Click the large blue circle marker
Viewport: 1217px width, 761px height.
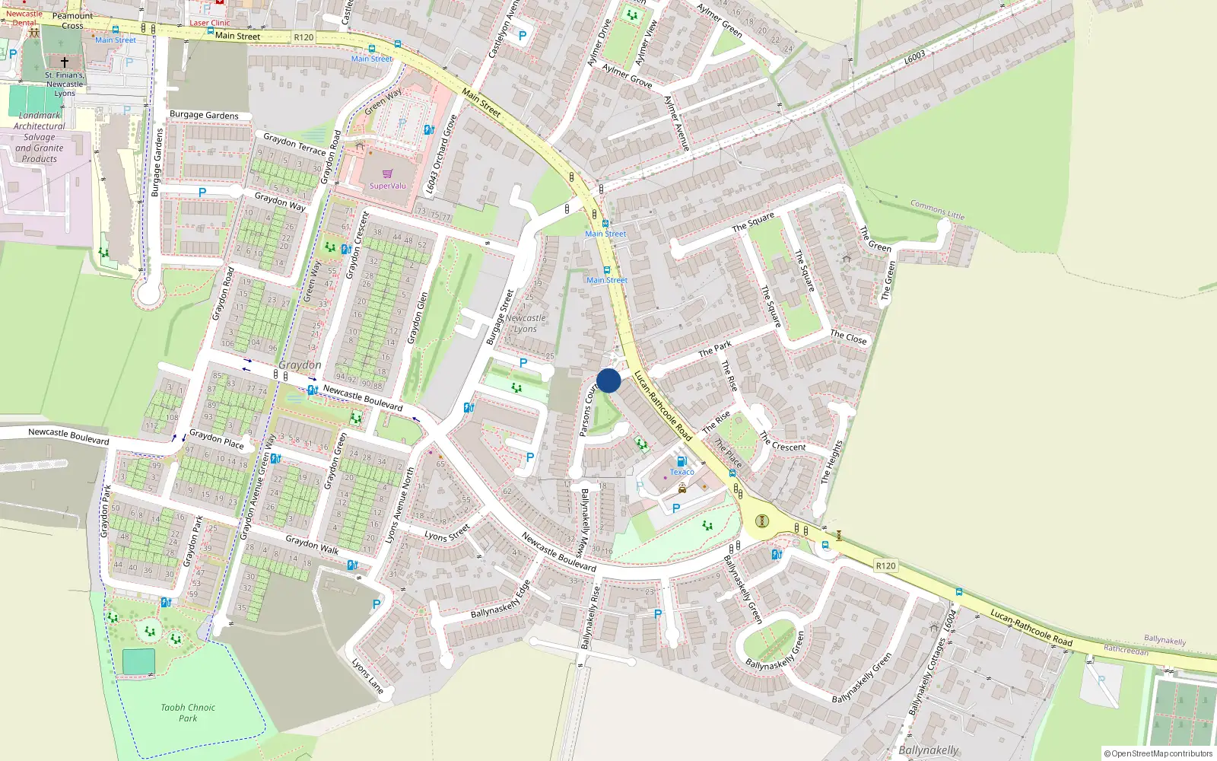click(608, 380)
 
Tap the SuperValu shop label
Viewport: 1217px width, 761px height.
click(388, 186)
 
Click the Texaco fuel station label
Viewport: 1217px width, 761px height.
click(682, 472)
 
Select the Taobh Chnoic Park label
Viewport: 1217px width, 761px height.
click(188, 712)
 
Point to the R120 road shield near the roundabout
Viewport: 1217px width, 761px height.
click(885, 565)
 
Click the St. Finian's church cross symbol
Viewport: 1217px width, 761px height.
click(65, 62)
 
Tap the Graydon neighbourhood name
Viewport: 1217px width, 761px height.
click(300, 365)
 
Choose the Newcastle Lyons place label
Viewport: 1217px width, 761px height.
click(526, 323)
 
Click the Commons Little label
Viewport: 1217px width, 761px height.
click(937, 210)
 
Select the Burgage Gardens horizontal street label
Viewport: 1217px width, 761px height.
click(204, 115)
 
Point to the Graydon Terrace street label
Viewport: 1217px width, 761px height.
click(294, 144)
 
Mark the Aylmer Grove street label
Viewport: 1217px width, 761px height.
click(627, 75)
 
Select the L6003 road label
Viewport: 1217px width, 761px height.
click(915, 58)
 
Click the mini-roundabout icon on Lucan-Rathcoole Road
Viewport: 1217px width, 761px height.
click(762, 521)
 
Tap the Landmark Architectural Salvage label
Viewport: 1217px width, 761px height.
click(40, 137)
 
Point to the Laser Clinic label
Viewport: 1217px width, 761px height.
click(210, 23)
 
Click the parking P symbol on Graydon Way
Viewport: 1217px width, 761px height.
click(202, 193)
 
